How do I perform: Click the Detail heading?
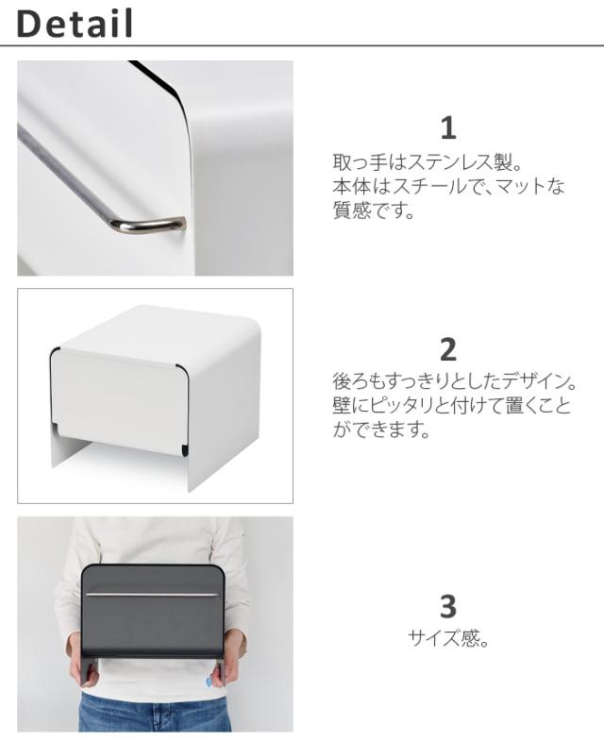pyautogui.click(x=75, y=24)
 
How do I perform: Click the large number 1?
pyautogui.click(x=448, y=127)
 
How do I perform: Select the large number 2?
pyautogui.click(x=448, y=349)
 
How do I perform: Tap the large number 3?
pyautogui.click(x=448, y=606)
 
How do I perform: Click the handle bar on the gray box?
pyautogui.click(x=152, y=595)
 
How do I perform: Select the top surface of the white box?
pyautogui.click(x=160, y=331)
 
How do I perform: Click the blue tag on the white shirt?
pyautogui.click(x=209, y=682)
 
